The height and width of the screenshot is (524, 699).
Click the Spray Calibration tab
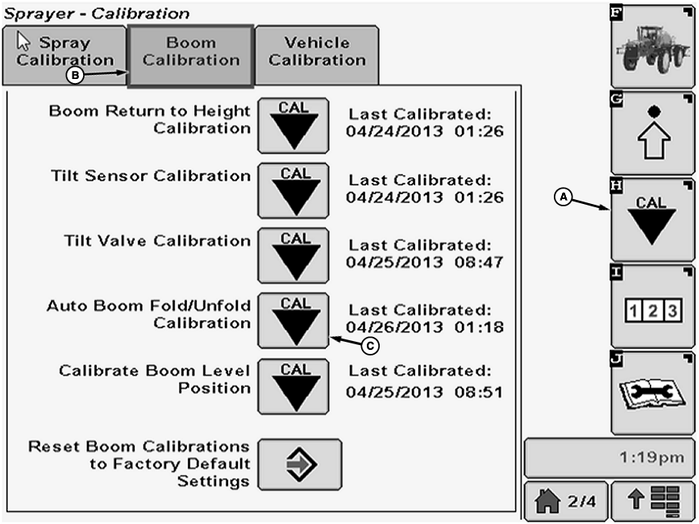[x=64, y=52]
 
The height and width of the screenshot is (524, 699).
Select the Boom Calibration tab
[x=191, y=52]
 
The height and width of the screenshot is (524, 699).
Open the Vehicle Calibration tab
[x=317, y=52]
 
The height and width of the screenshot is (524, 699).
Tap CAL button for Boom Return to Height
[x=293, y=126]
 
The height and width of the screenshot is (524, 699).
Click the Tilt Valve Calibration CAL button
[x=293, y=255]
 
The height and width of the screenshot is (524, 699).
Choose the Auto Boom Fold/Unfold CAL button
[x=293, y=320]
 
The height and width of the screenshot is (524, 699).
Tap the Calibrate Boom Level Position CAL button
[x=293, y=385]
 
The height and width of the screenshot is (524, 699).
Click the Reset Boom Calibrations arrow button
[x=300, y=465]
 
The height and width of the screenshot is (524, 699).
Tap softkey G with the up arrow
[x=652, y=133]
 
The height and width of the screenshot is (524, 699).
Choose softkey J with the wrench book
[x=652, y=393]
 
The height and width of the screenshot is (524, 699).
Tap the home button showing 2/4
[x=566, y=501]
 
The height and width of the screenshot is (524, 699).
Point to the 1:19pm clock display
[x=610, y=458]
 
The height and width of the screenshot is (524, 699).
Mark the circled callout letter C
[x=369, y=345]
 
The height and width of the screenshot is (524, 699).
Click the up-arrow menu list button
[x=652, y=501]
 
